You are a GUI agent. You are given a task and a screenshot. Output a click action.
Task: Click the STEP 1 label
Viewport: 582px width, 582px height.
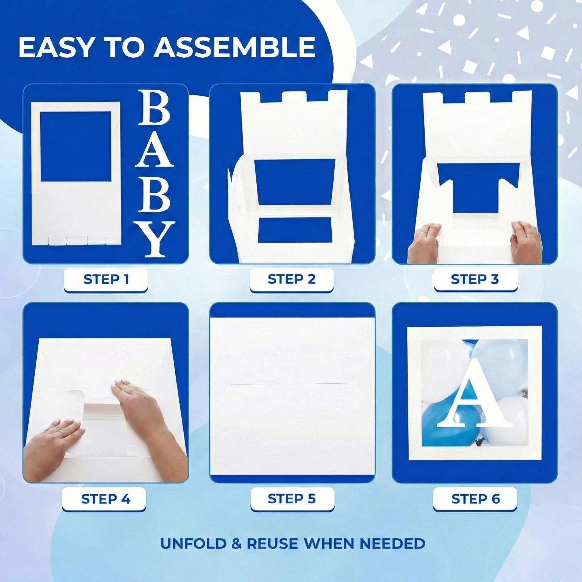tap(106, 279)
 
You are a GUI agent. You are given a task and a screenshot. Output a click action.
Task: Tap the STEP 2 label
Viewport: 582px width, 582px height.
tap(292, 279)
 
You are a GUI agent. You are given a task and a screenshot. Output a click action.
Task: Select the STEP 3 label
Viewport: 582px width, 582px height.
tap(475, 279)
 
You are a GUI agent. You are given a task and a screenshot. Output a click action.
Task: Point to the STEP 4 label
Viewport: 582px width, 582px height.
tap(106, 499)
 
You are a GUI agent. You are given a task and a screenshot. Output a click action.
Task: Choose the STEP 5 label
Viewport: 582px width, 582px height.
tap(292, 499)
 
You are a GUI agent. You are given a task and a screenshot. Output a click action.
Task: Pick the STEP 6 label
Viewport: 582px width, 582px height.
tap(476, 499)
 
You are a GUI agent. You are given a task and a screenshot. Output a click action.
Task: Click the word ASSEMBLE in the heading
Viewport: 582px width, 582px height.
tap(234, 47)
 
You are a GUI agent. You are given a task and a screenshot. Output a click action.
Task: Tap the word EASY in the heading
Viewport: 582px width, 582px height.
tap(54, 47)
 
